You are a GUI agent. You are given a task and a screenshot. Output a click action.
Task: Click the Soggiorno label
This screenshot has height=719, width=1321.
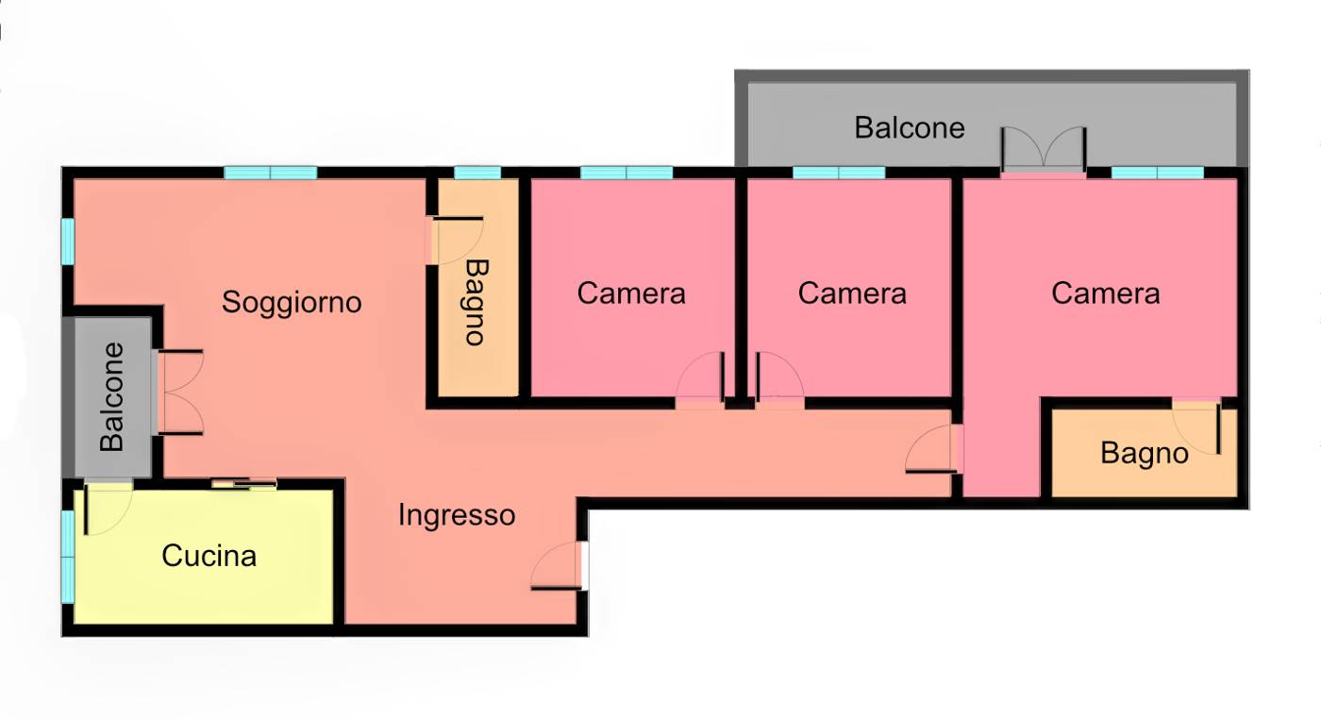click(x=292, y=303)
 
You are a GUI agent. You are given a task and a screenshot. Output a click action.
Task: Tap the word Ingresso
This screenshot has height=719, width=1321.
click(x=457, y=515)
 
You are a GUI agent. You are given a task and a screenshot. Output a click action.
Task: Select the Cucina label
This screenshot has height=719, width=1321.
click(x=209, y=556)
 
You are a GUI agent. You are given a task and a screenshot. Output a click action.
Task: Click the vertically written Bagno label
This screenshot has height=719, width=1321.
click(x=477, y=302)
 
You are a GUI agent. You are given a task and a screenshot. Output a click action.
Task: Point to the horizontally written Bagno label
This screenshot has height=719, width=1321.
click(x=1144, y=454)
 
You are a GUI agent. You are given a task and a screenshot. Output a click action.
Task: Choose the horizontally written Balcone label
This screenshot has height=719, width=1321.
click(x=910, y=128)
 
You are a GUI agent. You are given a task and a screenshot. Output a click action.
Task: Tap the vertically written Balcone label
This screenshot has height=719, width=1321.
click(x=111, y=397)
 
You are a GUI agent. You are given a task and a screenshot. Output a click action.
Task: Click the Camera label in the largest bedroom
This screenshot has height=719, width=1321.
click(x=1105, y=293)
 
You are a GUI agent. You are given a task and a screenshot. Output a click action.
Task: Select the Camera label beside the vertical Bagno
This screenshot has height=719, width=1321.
click(x=631, y=293)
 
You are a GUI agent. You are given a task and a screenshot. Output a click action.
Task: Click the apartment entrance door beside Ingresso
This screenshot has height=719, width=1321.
click(x=559, y=566)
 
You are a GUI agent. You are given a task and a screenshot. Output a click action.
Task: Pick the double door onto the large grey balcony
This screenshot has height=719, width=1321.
click(x=1044, y=150)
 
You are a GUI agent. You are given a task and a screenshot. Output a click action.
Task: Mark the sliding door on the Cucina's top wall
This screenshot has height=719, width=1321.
click(x=244, y=484)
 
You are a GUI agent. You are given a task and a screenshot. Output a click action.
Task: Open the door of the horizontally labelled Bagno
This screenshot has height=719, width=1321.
click(x=1197, y=428)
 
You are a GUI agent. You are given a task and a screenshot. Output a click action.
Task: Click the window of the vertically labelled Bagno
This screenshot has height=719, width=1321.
click(x=477, y=173)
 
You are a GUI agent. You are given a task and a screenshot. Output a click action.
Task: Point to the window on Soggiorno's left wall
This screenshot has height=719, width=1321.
click(x=68, y=242)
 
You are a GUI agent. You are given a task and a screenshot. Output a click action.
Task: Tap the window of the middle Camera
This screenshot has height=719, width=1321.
click(x=839, y=173)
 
